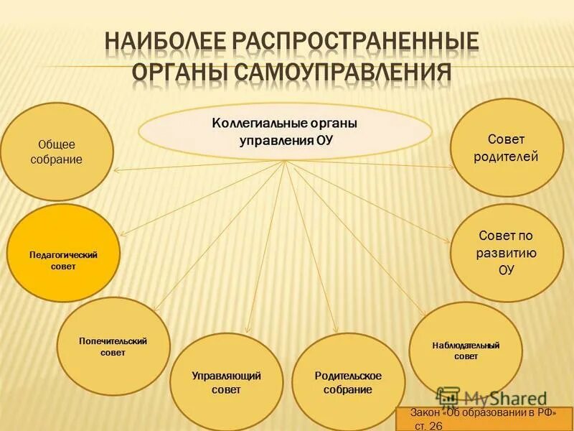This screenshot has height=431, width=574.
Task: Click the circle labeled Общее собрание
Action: click(x=57, y=152)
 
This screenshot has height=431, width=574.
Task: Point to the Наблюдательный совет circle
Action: click(x=466, y=350)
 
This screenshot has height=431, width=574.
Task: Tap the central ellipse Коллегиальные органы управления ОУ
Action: click(x=285, y=131)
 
